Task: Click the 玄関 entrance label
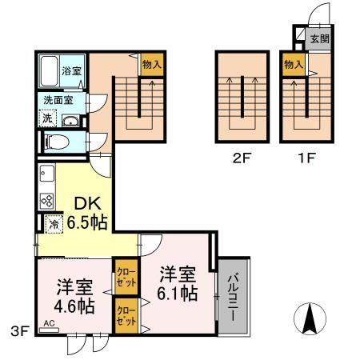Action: (x=318, y=38)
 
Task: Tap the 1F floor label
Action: (x=306, y=158)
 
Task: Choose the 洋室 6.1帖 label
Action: (x=178, y=283)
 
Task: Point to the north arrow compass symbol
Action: (x=310, y=321)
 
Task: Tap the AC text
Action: (x=49, y=324)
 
